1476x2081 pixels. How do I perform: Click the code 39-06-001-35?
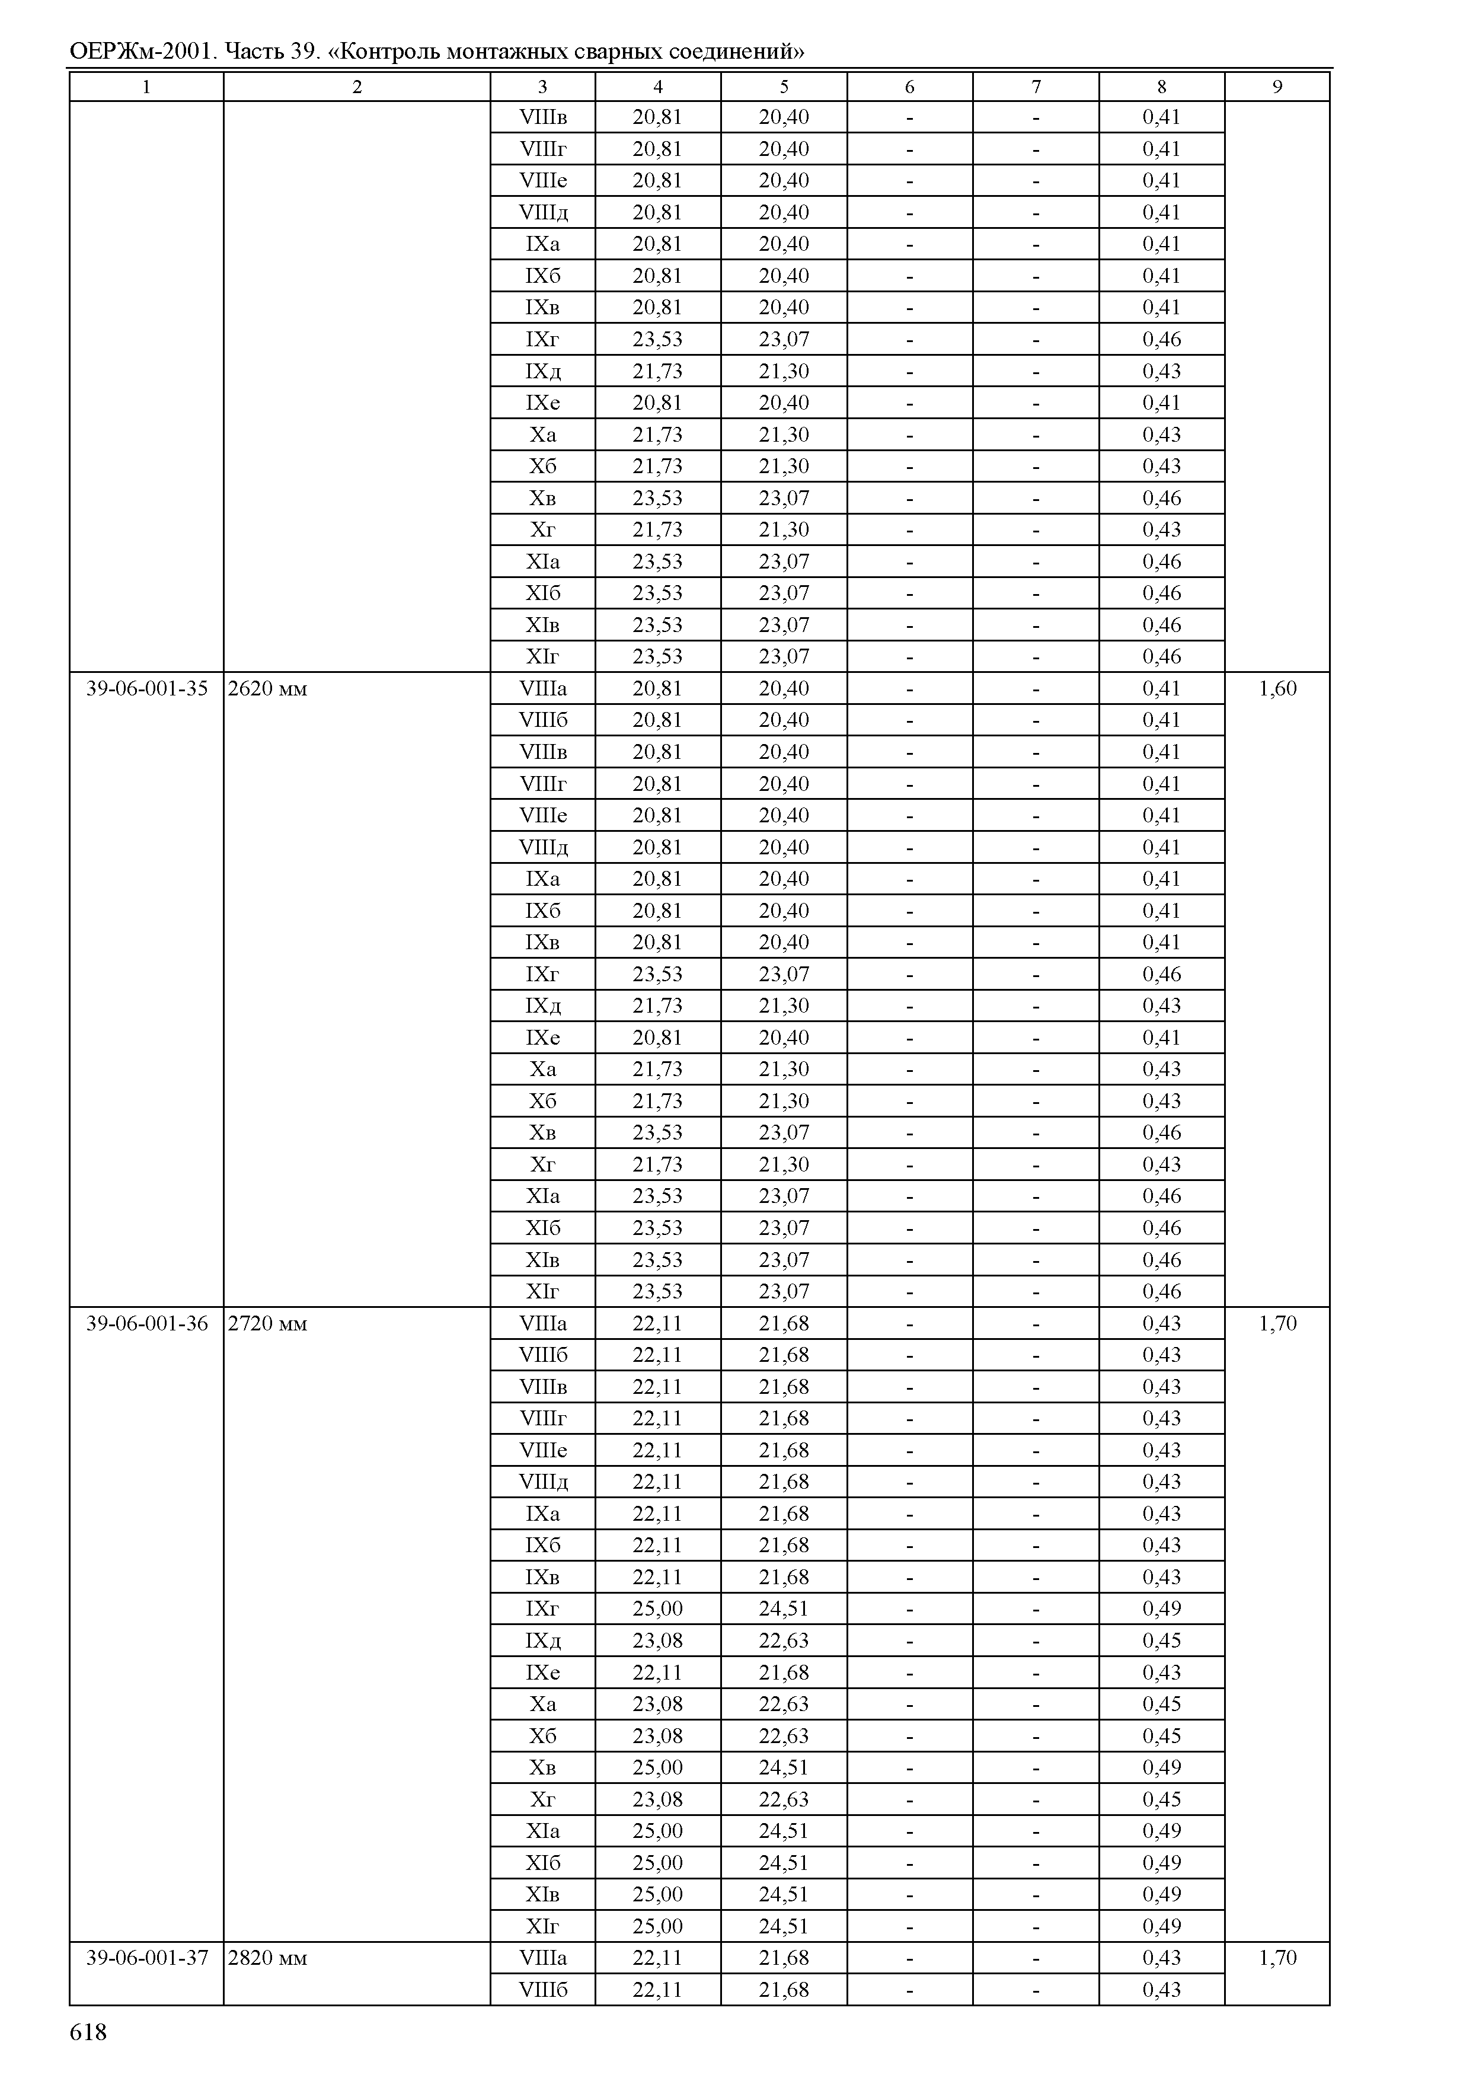pos(146,688)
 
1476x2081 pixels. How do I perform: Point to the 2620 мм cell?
pos(267,688)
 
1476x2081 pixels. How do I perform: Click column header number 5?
pos(784,87)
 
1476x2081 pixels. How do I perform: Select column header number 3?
pos(542,87)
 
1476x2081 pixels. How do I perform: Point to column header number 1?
pos(146,87)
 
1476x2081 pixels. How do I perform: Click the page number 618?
pos(88,2032)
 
